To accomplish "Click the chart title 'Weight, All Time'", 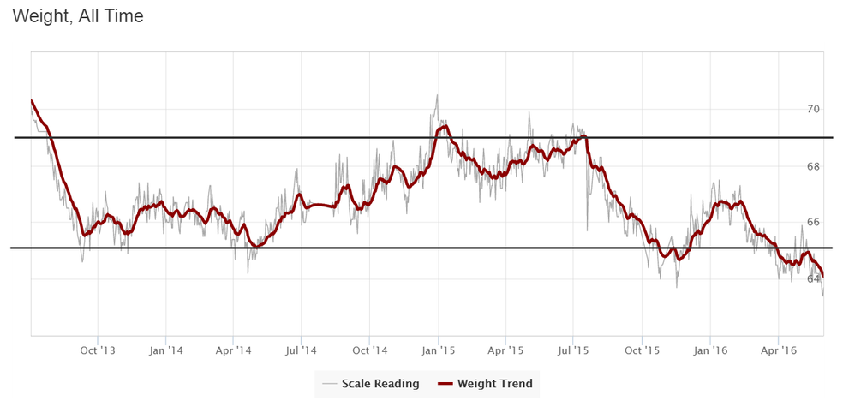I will coord(78,16).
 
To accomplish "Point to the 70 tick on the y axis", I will coord(813,110).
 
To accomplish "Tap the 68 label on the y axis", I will coord(813,166).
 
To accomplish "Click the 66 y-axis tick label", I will coord(813,223).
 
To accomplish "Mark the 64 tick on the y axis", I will coord(813,279).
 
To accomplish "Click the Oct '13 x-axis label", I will coord(97,350).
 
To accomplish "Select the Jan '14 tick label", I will coord(165,350).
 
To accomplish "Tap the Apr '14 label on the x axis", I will coord(233,350).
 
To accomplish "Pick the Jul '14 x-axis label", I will coord(301,350).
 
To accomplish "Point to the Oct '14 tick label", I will coord(369,350).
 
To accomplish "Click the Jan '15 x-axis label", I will coord(438,350).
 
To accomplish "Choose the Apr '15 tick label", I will coord(505,350).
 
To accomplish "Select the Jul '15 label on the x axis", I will coord(573,350).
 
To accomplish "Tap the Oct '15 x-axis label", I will coord(642,350).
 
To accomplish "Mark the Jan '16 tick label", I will coord(711,350).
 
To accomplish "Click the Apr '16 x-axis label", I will coord(778,350).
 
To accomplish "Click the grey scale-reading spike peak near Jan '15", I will coord(437,95).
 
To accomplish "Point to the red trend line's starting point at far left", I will coord(31,101).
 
